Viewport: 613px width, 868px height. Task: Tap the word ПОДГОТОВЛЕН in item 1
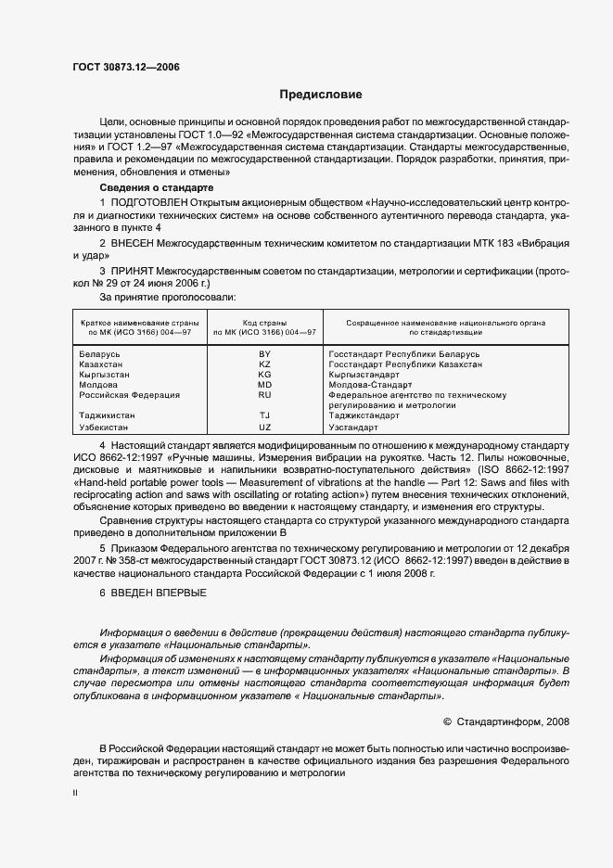(149, 202)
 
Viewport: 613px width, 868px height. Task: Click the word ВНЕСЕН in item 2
(136, 242)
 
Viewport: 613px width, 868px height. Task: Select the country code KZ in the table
(264, 364)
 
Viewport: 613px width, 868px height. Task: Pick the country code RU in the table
(264, 395)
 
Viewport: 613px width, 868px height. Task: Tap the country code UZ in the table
(264, 428)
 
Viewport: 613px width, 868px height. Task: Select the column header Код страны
(264, 321)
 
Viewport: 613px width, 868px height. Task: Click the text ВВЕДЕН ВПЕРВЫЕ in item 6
(159, 593)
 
